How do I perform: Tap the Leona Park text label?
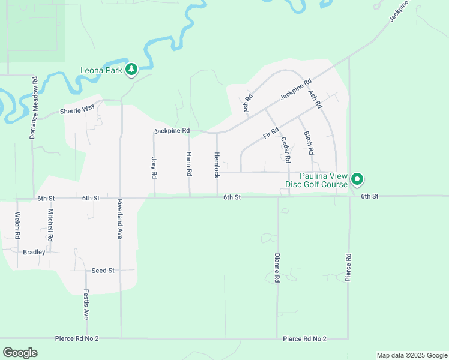point(101,70)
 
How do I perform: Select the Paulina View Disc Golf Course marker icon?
point(357,179)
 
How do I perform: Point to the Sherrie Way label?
point(77,111)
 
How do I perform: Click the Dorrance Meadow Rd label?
point(35,108)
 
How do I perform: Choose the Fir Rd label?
point(271,133)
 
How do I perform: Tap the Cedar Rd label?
point(285,151)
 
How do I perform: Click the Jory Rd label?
point(154,168)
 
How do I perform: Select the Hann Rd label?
point(189,164)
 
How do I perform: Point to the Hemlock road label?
point(217,164)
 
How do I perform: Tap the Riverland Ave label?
point(120,219)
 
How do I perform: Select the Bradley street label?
point(34,252)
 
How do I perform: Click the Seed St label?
point(103,271)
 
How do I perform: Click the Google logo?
point(20,352)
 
